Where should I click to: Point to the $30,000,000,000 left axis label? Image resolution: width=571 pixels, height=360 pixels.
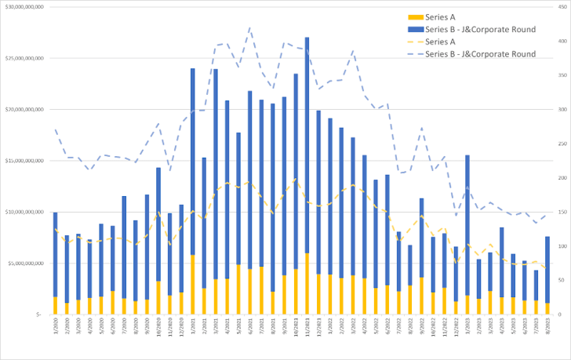(24, 7)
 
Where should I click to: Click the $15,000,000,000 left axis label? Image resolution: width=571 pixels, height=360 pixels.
(24, 160)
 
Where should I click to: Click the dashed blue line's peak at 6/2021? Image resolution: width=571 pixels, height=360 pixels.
(249, 28)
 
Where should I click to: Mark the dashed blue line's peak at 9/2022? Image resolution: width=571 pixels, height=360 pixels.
(421, 128)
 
